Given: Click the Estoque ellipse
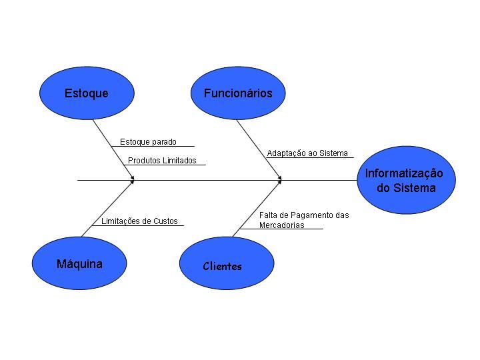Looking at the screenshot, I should click(x=87, y=93).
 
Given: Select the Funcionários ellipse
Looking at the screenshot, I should click(x=238, y=93).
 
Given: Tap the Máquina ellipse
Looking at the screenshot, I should click(x=79, y=264).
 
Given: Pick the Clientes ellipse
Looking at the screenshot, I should click(x=227, y=264).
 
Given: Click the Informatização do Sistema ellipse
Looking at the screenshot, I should click(x=405, y=180).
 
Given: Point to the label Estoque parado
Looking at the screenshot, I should click(x=148, y=142).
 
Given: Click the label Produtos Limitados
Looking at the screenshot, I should click(x=162, y=161).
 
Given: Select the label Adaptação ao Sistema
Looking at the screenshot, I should click(x=307, y=153).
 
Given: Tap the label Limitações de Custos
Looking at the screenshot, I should click(x=139, y=221).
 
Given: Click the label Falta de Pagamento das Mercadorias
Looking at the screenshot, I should click(x=303, y=220).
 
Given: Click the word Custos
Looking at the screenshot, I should click(x=165, y=221).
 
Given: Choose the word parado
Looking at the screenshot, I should click(x=164, y=142).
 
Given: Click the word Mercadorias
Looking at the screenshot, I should click(x=281, y=225).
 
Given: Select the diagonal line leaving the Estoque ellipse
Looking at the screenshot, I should click(x=112, y=149).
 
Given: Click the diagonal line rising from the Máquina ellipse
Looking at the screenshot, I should click(x=107, y=209).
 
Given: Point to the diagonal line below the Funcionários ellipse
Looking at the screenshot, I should click(x=259, y=149).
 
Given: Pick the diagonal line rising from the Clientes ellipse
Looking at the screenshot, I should click(x=257, y=208).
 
